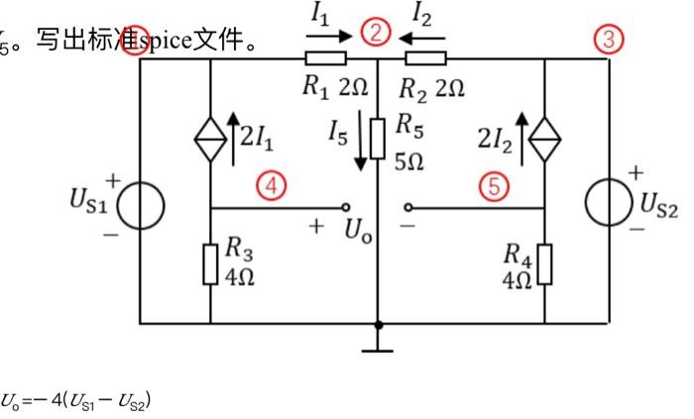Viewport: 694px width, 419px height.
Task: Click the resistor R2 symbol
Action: pyautogui.click(x=426, y=58)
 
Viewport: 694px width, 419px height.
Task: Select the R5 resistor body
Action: pyautogui.click(x=378, y=138)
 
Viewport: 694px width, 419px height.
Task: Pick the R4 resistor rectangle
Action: pyautogui.click(x=545, y=264)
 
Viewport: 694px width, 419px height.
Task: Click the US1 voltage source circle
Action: pyautogui.click(x=140, y=205)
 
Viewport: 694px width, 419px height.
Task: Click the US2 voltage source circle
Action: pyautogui.click(x=606, y=204)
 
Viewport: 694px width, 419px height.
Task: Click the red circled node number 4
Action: pyautogui.click(x=267, y=182)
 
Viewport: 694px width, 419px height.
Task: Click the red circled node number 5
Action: pyautogui.click(x=493, y=184)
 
